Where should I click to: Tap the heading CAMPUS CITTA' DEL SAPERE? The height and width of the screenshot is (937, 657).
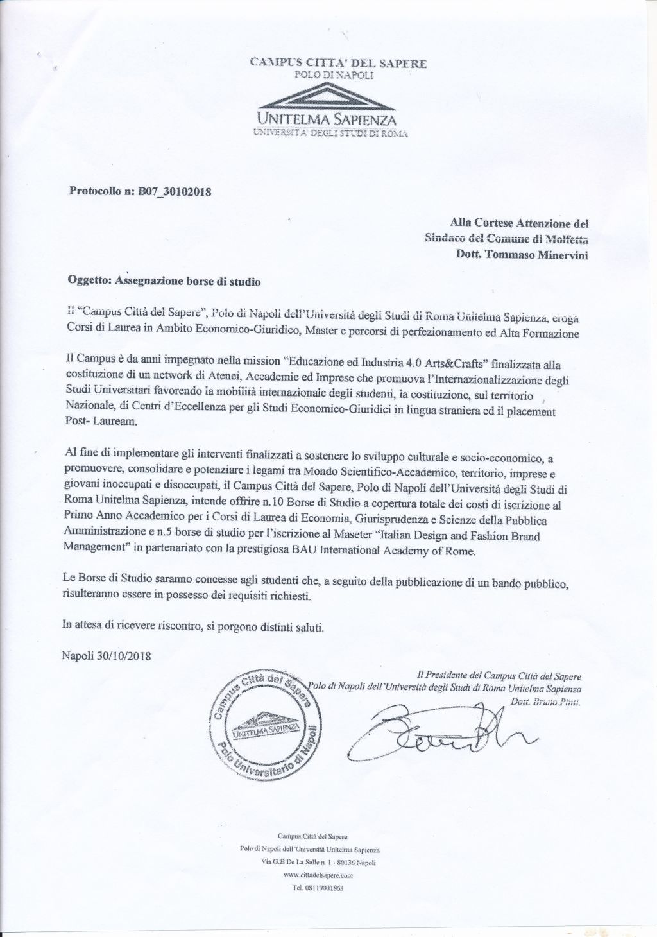(338, 63)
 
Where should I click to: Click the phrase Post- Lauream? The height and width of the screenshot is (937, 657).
(95, 424)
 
